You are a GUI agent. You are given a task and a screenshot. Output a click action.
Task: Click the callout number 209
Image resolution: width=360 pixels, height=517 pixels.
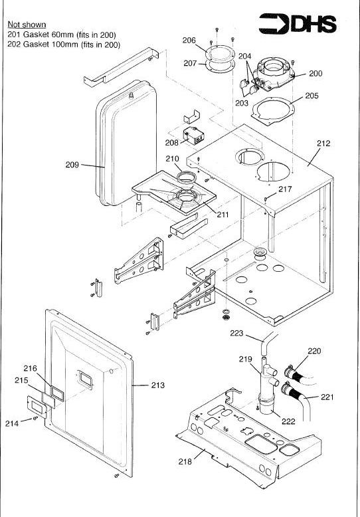72,165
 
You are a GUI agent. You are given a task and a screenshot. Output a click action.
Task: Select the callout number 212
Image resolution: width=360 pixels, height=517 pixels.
323,143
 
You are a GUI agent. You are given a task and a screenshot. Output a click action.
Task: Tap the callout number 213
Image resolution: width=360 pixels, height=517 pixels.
157,385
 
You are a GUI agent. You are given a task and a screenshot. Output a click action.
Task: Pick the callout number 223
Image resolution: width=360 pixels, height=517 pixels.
236,333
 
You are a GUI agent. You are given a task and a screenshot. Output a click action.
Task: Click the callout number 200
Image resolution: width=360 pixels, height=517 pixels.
315,73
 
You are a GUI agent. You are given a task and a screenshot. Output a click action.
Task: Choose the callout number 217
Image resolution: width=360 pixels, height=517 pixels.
285,189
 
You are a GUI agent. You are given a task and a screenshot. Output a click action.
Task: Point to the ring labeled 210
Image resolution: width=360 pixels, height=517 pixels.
186,176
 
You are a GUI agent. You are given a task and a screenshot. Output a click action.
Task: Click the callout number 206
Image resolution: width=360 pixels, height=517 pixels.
189,41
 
